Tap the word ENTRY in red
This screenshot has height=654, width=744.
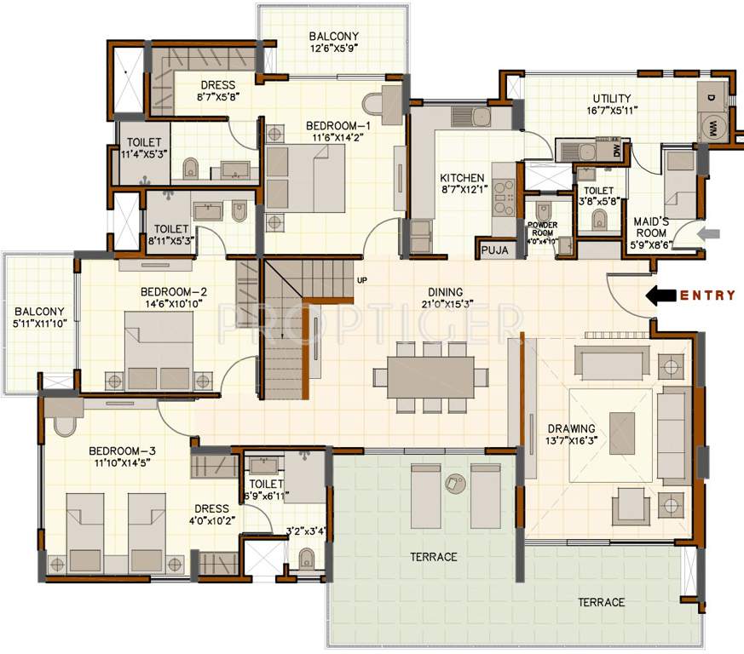coord(707,295)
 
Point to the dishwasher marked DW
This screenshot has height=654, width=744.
coord(616,151)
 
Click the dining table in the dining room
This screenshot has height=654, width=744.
coord(430,376)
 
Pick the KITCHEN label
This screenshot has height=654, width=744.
coord(462,178)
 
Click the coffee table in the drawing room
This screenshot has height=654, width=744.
coord(622,427)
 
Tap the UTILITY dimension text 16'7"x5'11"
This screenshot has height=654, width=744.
coord(612,111)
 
